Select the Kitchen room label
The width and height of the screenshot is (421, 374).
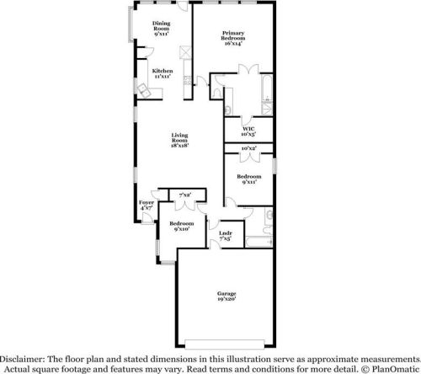[x=162, y=73]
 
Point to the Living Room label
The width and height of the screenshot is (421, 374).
[x=179, y=140]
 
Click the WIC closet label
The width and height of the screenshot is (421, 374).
[x=248, y=130]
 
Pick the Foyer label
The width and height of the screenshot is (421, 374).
[x=147, y=206]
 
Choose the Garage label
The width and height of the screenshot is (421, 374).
[x=226, y=297]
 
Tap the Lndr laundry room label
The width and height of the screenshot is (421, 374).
[x=225, y=236]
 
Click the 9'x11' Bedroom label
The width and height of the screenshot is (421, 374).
[x=248, y=179]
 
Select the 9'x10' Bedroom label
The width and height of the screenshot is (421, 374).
[x=181, y=226]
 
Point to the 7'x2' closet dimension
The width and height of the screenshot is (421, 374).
[x=185, y=195]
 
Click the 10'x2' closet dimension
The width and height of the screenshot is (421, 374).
[x=248, y=149]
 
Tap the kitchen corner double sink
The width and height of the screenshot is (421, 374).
[x=144, y=92]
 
